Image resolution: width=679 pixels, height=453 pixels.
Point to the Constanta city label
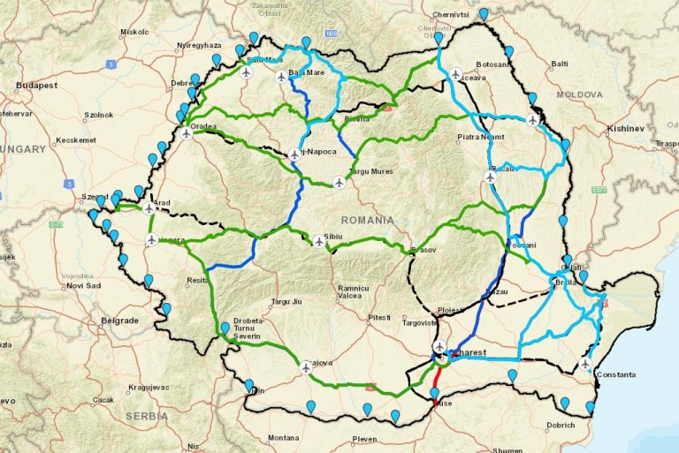tap(615, 374)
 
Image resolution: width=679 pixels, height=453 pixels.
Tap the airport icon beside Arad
tap(149, 208)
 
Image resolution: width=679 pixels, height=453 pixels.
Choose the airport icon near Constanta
tap(585, 363)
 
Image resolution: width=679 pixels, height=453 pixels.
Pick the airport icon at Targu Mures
tap(339, 183)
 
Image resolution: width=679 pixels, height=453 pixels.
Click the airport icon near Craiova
tap(306, 366)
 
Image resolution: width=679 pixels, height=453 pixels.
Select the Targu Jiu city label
tap(286, 301)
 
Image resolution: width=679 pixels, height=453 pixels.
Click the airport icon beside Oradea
tap(187, 134)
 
